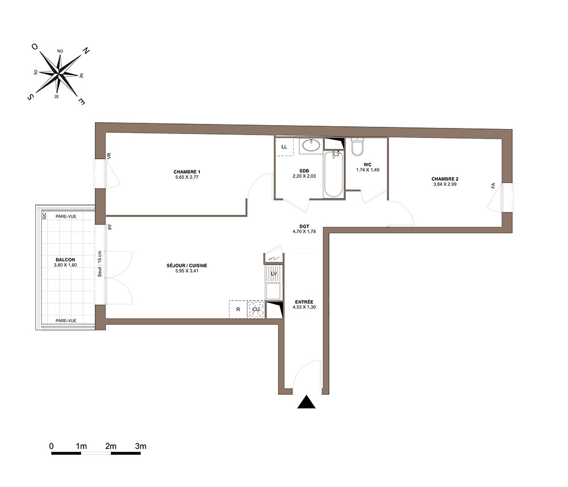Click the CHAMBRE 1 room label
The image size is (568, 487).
click(x=187, y=172)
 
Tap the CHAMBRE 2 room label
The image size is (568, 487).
click(x=445, y=179)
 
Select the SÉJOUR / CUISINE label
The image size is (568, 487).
click(x=187, y=265)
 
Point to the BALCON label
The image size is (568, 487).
click(x=65, y=260)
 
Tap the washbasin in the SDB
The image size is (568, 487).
click(x=311, y=145)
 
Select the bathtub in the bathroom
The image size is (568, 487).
click(x=333, y=174)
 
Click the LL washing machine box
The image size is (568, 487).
click(x=284, y=147)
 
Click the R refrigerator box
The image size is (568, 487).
click(x=238, y=310)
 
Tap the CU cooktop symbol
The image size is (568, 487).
click(x=256, y=310)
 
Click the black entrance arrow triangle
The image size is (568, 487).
click(x=307, y=402)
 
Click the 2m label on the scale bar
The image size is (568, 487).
click(x=111, y=446)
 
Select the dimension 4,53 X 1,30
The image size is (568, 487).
click(x=304, y=307)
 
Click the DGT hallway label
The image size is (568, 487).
click(x=304, y=227)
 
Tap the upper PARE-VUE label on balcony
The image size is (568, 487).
click(x=66, y=217)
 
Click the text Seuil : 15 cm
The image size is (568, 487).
click(x=100, y=264)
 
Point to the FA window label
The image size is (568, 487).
click(x=493, y=185)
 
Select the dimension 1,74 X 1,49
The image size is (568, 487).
click(x=367, y=170)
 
